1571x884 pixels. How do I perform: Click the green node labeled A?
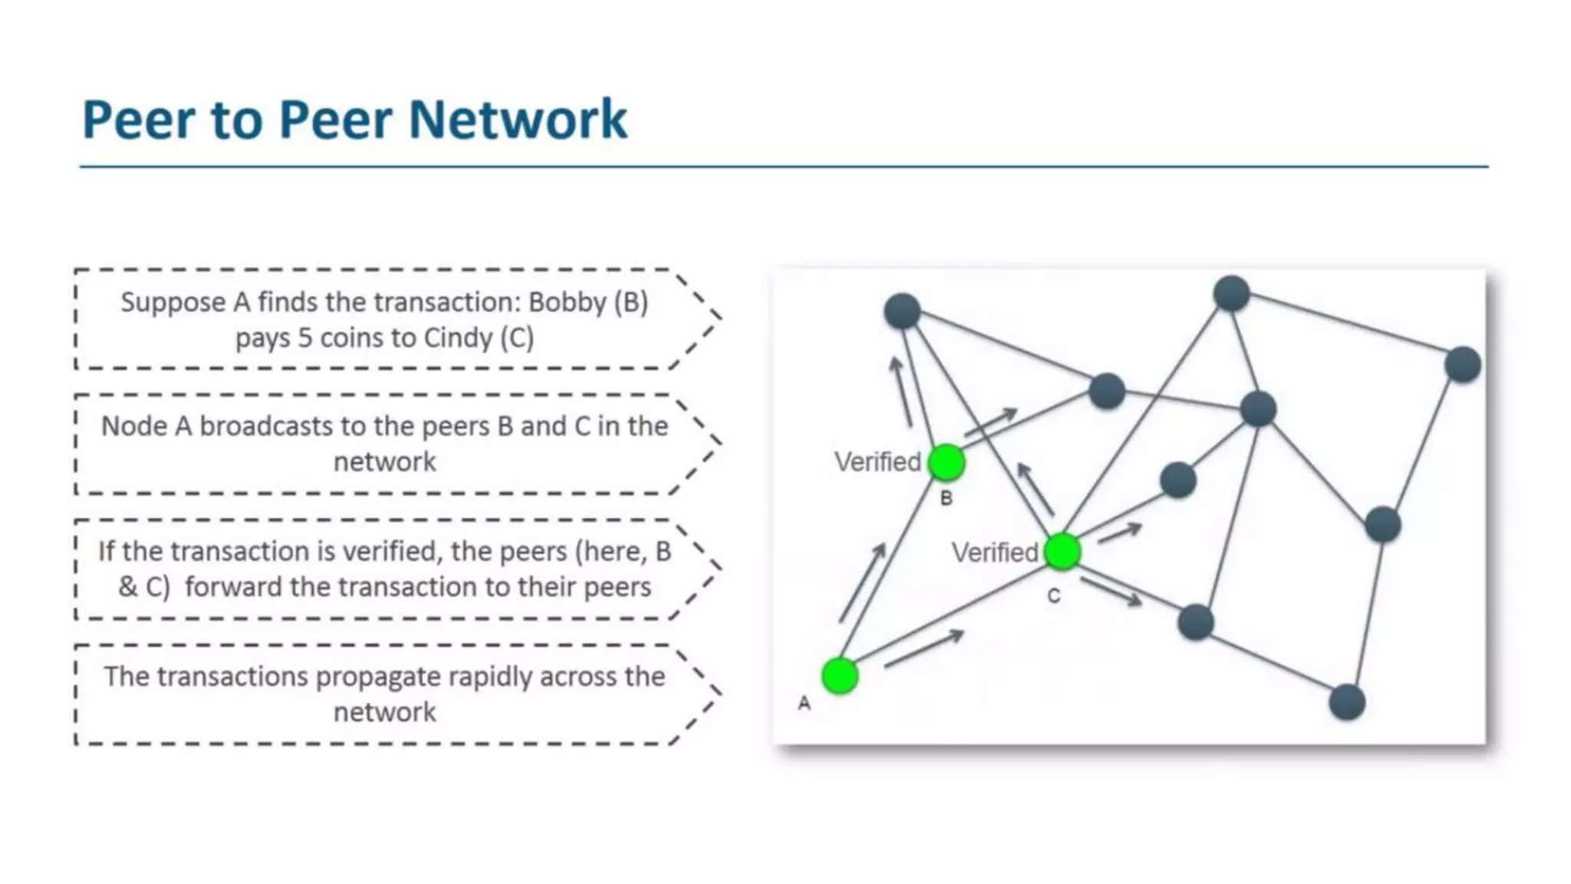pos(839,676)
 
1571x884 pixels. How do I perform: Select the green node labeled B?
pos(946,463)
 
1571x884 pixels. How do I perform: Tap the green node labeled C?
pos(1062,552)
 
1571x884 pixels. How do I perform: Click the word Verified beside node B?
pos(878,462)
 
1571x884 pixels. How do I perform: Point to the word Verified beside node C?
pos(995,552)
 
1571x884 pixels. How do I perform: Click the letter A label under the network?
pos(804,703)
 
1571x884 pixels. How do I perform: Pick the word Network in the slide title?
pos(518,120)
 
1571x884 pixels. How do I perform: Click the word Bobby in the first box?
pos(568,302)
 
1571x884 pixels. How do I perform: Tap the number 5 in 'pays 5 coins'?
pos(305,338)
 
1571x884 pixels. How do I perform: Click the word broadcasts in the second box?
pos(265,426)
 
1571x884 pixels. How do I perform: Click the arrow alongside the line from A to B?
pos(863,582)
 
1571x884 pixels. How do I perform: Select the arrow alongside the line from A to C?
pos(924,648)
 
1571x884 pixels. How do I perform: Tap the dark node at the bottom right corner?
pos(1346,702)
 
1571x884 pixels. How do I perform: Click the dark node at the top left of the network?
pos(902,311)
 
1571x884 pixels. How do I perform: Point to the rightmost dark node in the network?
pos(1462,364)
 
